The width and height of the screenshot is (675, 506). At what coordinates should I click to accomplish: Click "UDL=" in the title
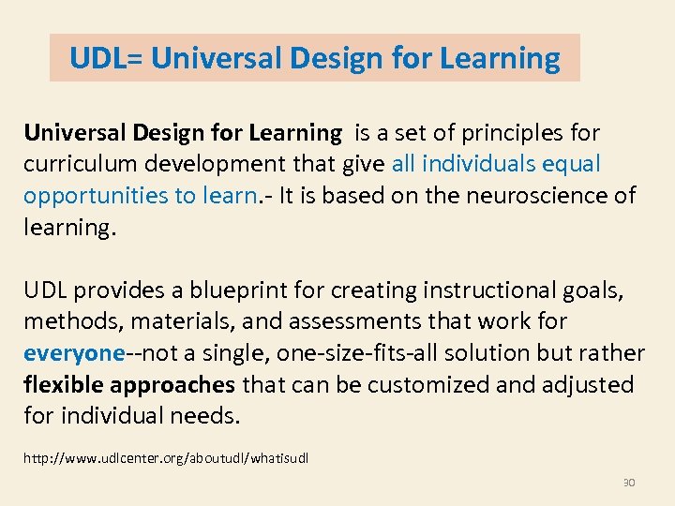tap(106, 59)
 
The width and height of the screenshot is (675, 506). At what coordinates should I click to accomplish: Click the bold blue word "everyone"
tap(74, 353)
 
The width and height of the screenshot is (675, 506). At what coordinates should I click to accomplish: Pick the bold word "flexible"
tap(62, 385)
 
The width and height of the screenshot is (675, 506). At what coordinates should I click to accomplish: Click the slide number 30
tap(629, 483)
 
